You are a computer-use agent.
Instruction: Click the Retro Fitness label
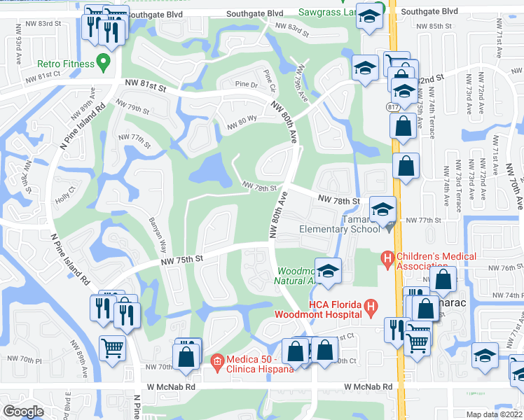(66, 64)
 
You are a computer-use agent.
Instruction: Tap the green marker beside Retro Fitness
(104, 64)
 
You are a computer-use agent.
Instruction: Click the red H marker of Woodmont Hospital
(371, 306)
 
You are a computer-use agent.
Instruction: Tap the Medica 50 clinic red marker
(217, 361)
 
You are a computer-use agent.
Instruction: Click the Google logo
(24, 411)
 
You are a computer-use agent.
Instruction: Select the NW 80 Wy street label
(242, 125)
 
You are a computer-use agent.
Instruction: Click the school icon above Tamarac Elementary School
(382, 209)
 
